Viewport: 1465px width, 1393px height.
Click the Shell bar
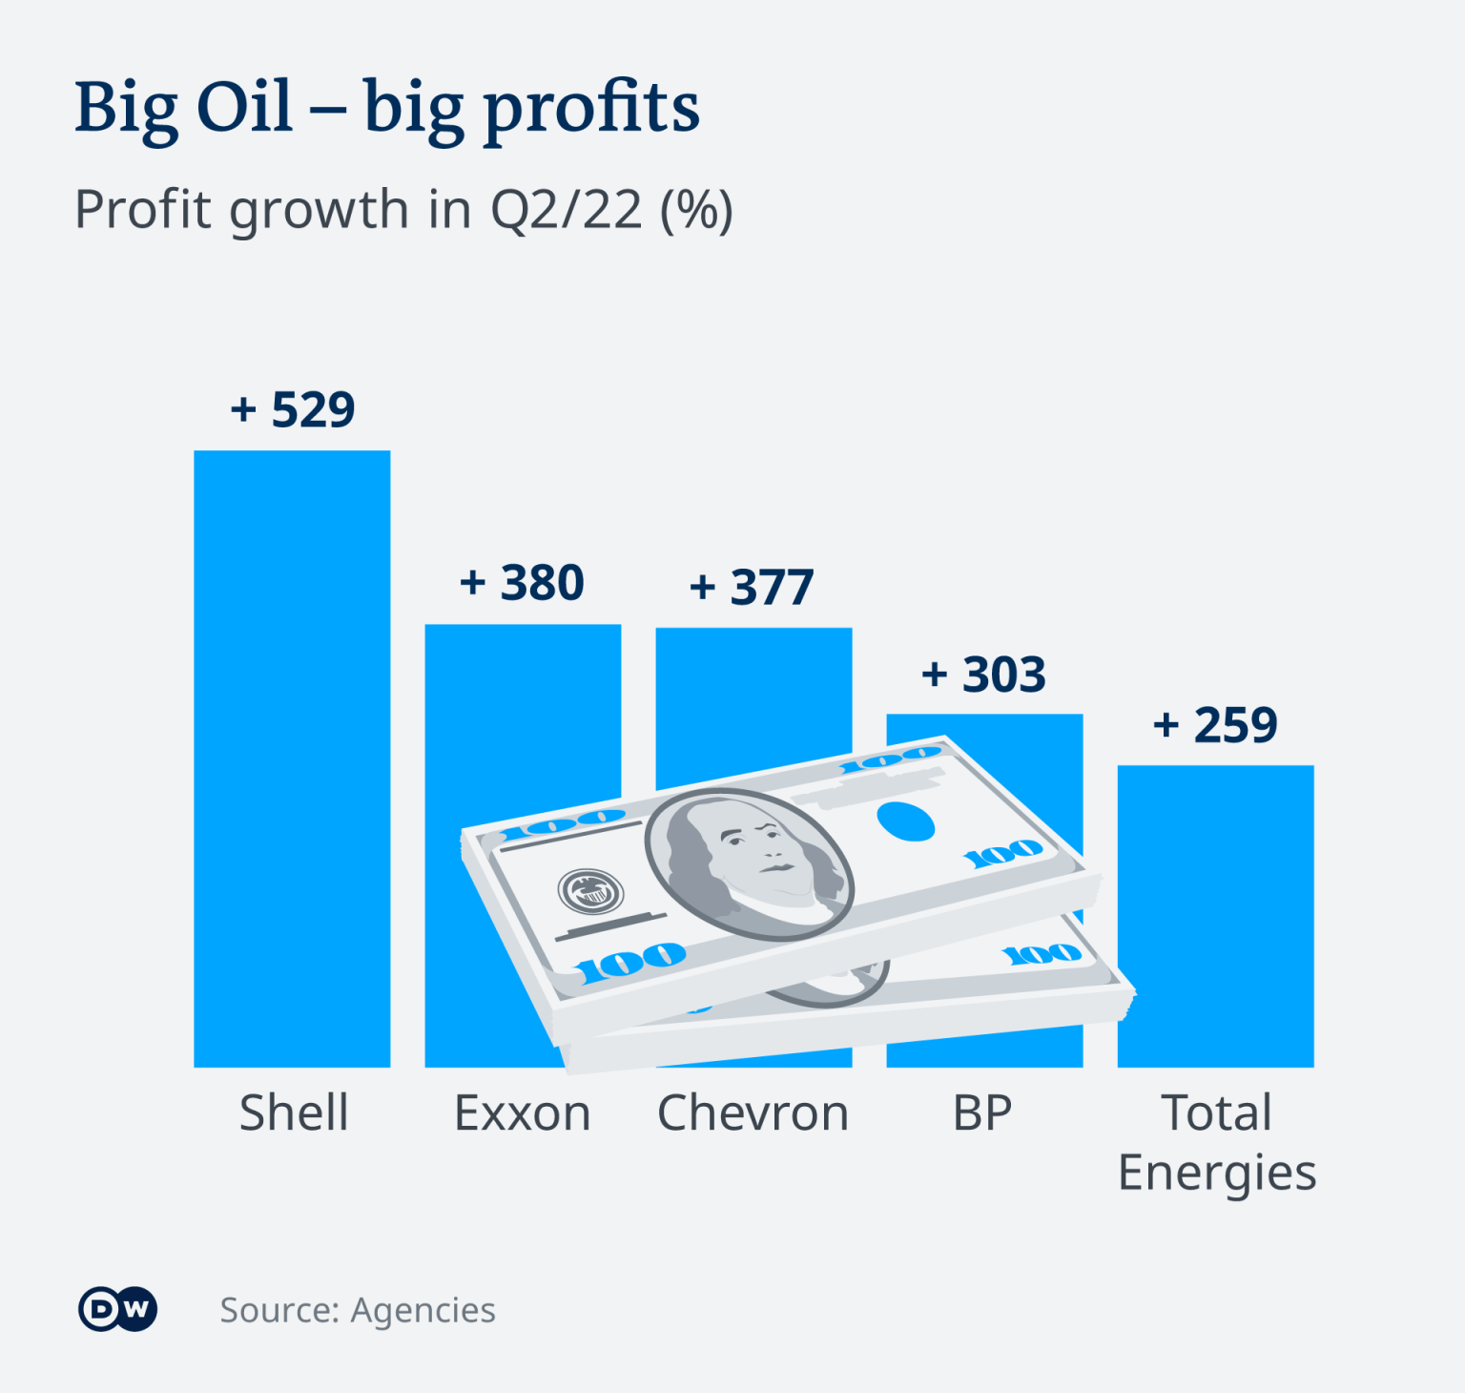292,759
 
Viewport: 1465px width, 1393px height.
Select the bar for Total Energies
1215,916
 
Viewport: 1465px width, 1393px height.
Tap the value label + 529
293,410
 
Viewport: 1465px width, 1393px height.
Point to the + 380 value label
522,583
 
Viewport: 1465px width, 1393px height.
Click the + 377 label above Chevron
752,587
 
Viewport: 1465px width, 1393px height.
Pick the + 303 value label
983,675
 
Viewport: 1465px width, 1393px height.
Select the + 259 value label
1215,725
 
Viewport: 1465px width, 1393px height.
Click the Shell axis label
294,1112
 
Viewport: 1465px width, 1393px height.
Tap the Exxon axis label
522,1112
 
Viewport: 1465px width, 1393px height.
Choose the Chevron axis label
753,1112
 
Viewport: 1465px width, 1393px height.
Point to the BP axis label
982,1112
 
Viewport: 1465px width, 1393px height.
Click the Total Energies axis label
1216,1142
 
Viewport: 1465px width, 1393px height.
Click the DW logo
118,1309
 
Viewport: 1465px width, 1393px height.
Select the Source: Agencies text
358,1311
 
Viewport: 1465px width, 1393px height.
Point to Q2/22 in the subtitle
566,209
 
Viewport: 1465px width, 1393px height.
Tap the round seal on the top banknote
590,892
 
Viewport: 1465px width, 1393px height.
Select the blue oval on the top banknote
905,821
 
